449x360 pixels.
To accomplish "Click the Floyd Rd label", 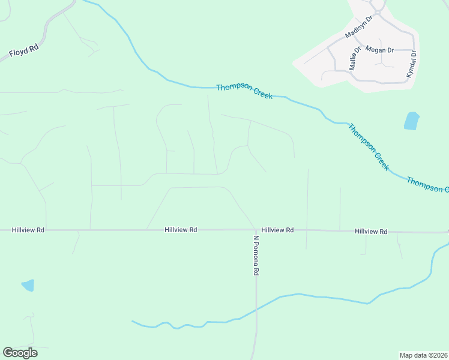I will (24, 52).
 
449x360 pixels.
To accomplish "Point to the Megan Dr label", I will (379, 50).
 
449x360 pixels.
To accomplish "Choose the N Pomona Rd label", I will (256, 255).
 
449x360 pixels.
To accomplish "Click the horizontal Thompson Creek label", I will (244, 91).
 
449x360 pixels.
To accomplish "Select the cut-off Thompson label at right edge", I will (427, 185).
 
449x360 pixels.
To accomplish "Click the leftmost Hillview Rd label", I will (28, 230).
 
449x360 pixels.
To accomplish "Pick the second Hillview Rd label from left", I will (181, 230).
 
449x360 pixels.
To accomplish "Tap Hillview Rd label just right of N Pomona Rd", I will (277, 230).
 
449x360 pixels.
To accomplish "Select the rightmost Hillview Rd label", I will (371, 231).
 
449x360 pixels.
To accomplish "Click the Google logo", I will (20, 353).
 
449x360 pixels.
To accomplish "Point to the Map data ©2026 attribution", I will (423, 355).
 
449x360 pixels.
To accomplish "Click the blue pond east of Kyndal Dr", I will (411, 121).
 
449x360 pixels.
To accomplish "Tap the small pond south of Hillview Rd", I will (28, 285).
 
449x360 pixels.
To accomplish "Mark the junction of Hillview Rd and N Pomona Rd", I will (256, 230).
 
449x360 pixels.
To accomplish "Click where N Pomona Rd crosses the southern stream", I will (256, 310).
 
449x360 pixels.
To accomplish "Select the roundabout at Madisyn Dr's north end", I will (378, 10).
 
